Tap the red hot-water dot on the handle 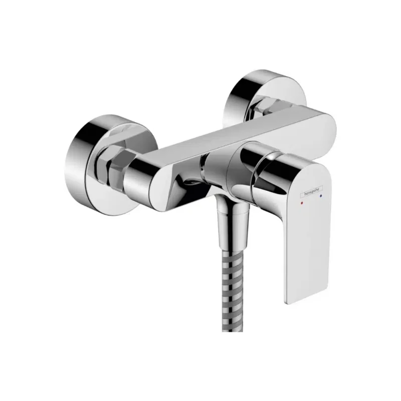(301, 204)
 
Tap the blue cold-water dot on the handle (321, 199)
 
